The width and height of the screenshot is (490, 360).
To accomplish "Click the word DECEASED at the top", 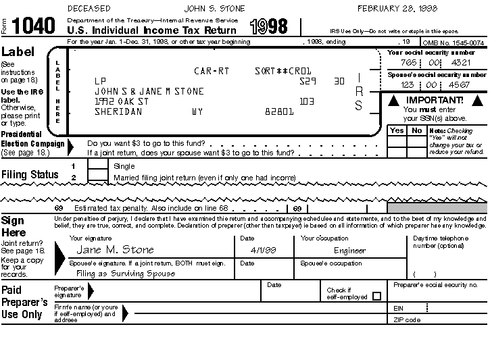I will pos(91,9).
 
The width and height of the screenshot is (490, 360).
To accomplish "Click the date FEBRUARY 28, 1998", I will pos(397,9).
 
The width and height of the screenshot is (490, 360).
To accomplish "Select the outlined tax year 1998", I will pos(268,27).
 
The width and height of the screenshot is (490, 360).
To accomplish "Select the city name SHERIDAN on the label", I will pos(118,112).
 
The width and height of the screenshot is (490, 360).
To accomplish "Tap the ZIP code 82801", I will pos(279,112).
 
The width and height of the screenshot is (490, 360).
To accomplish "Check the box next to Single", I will pos(98,165).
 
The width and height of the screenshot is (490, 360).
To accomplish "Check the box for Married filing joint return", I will pos(98,177).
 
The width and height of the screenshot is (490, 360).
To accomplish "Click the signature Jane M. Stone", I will pos(116,250).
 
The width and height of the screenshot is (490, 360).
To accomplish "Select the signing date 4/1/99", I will pos(253,251).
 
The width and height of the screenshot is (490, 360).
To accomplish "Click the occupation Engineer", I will pos(349,251).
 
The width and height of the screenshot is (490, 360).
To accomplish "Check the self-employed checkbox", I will pos(376,296).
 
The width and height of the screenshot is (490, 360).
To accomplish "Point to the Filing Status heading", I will pos(30,174).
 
